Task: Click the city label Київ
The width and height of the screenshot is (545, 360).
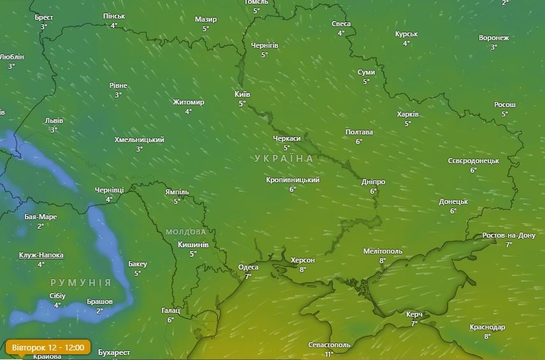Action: coord(242,94)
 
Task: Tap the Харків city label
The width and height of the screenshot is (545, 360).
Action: coord(408,114)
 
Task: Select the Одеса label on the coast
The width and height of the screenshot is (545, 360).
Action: coord(248,268)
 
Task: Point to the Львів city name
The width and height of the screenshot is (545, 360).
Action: coord(54,120)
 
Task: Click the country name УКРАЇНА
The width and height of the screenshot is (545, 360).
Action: coord(284,158)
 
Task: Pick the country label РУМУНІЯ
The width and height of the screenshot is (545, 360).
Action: coord(81,282)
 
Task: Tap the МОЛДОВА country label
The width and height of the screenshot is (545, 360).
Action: coord(185,232)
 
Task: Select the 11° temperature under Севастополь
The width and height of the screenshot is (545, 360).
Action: coord(329,354)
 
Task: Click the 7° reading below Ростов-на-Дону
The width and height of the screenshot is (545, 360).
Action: coord(509,244)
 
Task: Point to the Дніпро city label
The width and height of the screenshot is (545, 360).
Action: coord(373,182)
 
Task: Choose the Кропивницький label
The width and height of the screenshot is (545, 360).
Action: coord(293,180)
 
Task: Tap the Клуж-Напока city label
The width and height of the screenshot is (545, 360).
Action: coord(41,255)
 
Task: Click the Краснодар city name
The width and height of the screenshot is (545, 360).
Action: coord(487,327)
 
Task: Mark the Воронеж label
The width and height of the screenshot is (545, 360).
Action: coord(493,38)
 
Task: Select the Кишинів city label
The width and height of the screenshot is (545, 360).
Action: coord(193,245)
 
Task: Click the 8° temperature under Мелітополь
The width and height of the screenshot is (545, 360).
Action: coord(382,260)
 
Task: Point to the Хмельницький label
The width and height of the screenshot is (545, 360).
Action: coord(139,140)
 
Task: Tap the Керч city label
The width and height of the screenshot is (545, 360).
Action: coord(414,314)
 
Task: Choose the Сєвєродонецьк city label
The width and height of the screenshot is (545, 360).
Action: coord(473,161)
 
